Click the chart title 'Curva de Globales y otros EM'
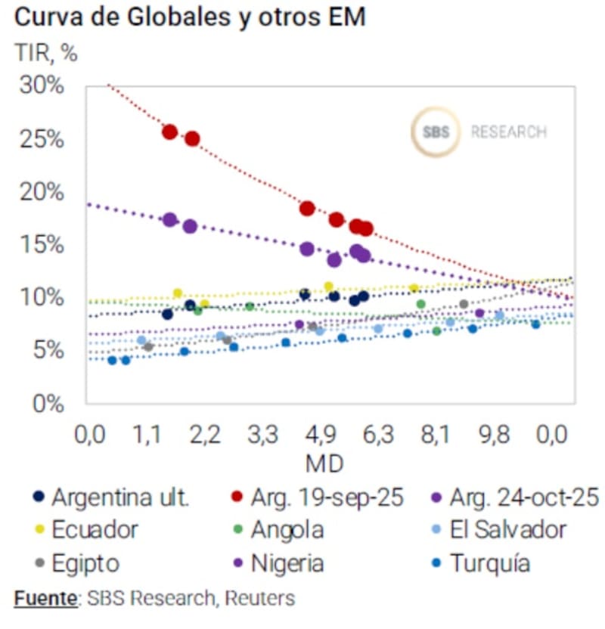pos(189,17)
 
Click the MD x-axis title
pos(324,461)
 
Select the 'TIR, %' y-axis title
pos(46,54)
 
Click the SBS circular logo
pos(436,132)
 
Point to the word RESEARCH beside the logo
pos(508,132)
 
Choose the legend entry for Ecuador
pos(95,530)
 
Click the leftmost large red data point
pos(170,132)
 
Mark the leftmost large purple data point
pos(170,220)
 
